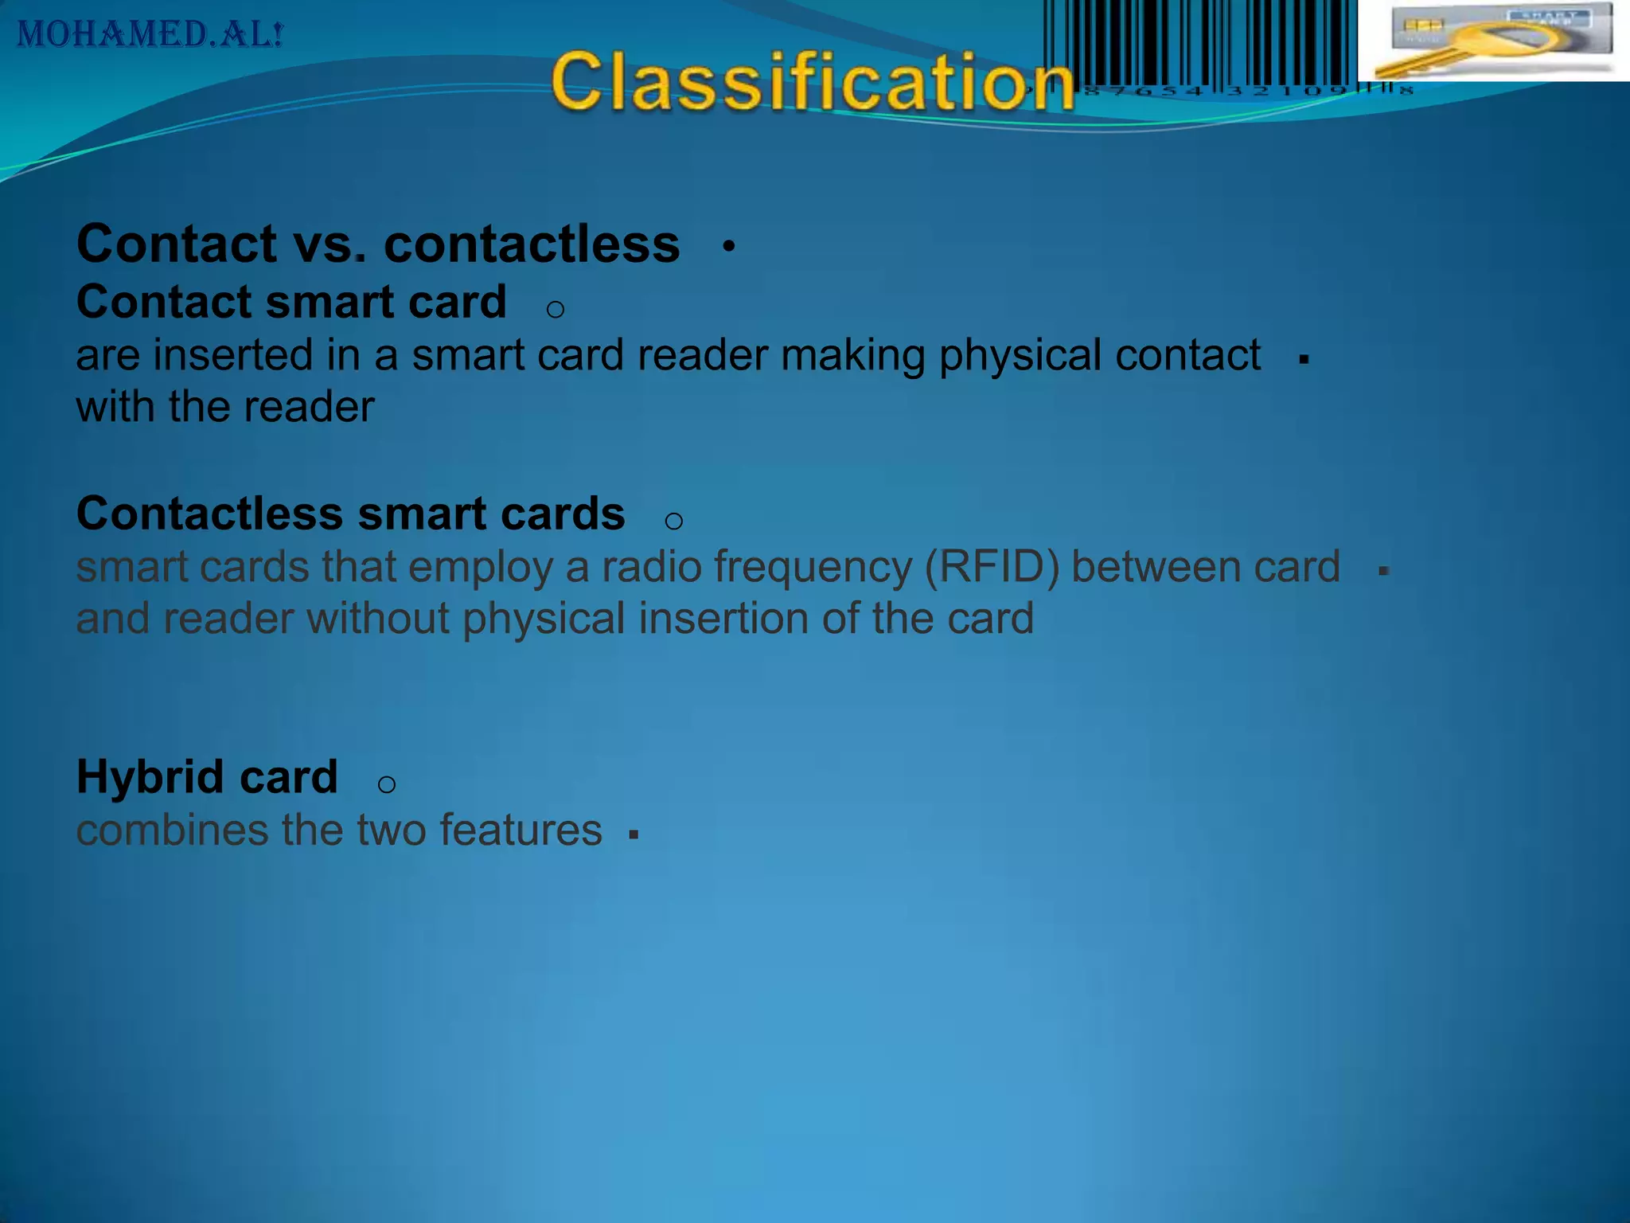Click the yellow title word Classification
812,82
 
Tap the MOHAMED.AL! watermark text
150,34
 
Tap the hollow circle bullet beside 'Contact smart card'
556,309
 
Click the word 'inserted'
233,355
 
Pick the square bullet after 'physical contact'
1304,360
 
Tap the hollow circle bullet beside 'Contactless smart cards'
673,522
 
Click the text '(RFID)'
992,567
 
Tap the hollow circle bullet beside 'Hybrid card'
386,785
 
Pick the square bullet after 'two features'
634,834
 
